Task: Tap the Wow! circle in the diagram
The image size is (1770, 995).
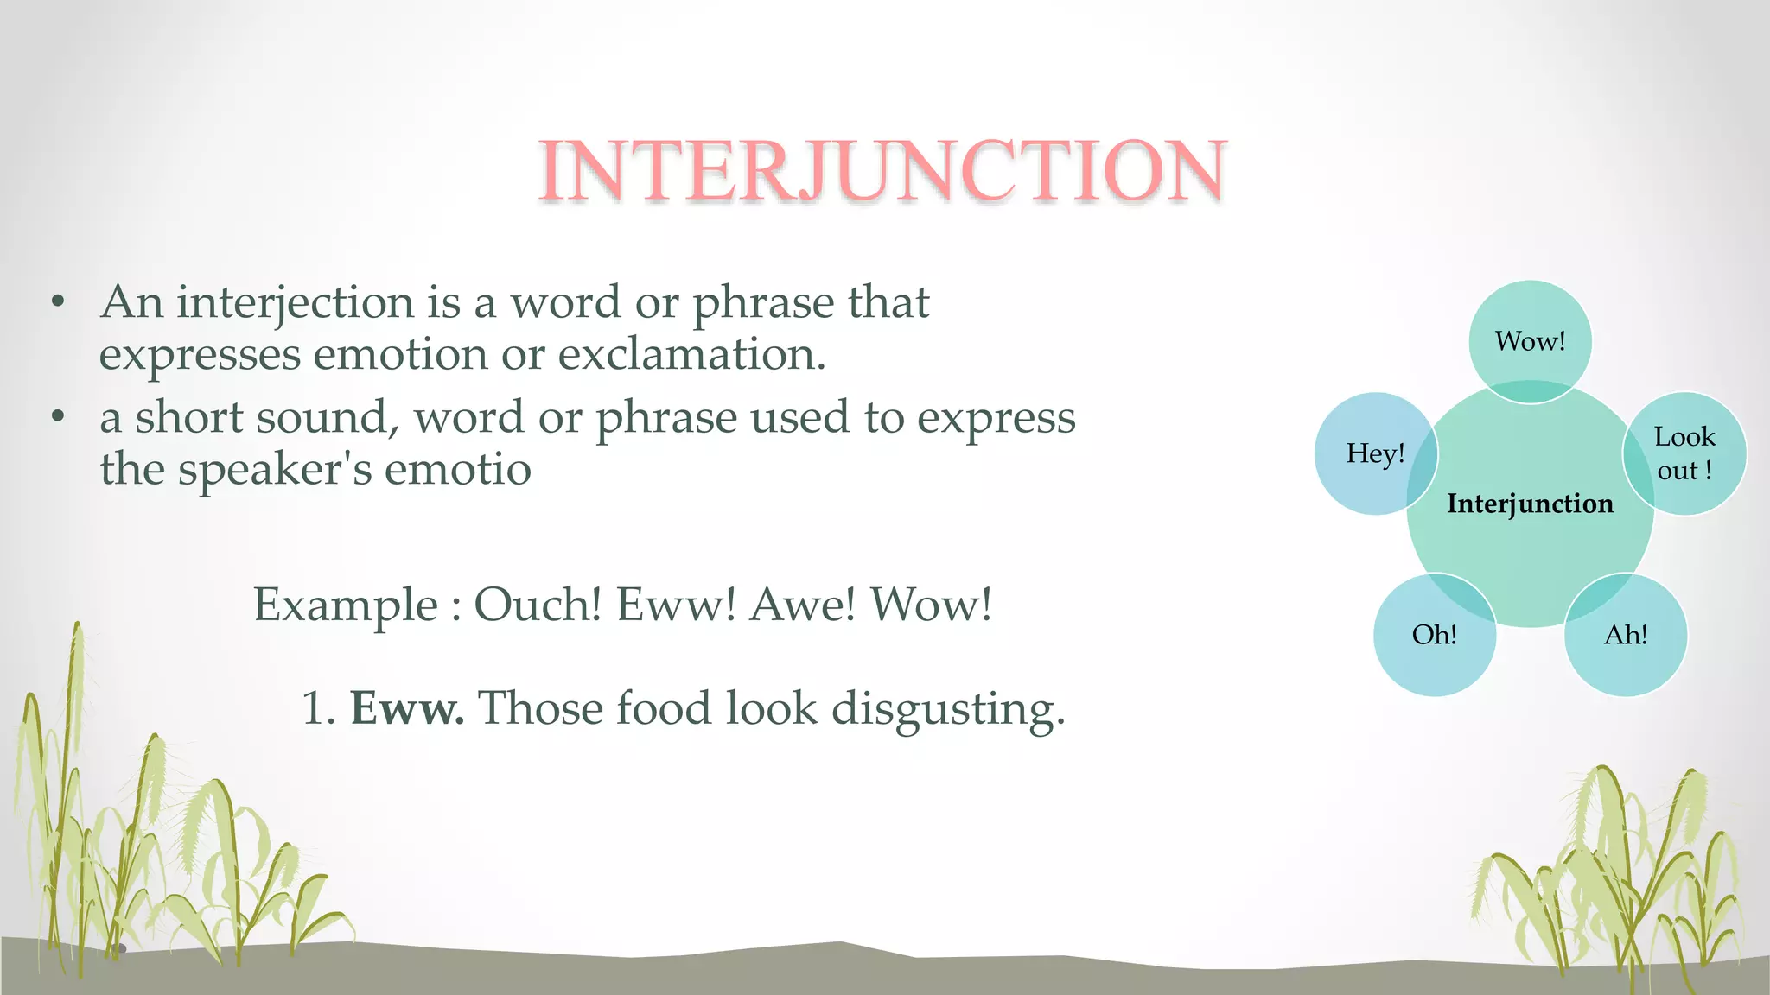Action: pos(1530,340)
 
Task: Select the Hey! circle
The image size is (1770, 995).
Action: pos(1375,453)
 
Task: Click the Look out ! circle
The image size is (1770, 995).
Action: pos(1684,453)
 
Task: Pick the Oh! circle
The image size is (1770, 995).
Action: pos(1434,635)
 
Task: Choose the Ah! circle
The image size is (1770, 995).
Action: pos(1626,635)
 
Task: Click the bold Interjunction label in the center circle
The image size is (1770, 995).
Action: pos(1530,504)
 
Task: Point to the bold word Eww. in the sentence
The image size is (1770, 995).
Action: pos(407,708)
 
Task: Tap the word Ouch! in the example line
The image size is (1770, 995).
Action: pos(538,605)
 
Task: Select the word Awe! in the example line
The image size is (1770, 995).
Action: pos(803,605)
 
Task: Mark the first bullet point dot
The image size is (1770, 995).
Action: pos(58,302)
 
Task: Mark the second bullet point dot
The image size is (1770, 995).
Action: pos(58,417)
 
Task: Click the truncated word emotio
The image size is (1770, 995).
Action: pos(457,470)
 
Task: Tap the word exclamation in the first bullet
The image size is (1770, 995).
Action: pos(691,355)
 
